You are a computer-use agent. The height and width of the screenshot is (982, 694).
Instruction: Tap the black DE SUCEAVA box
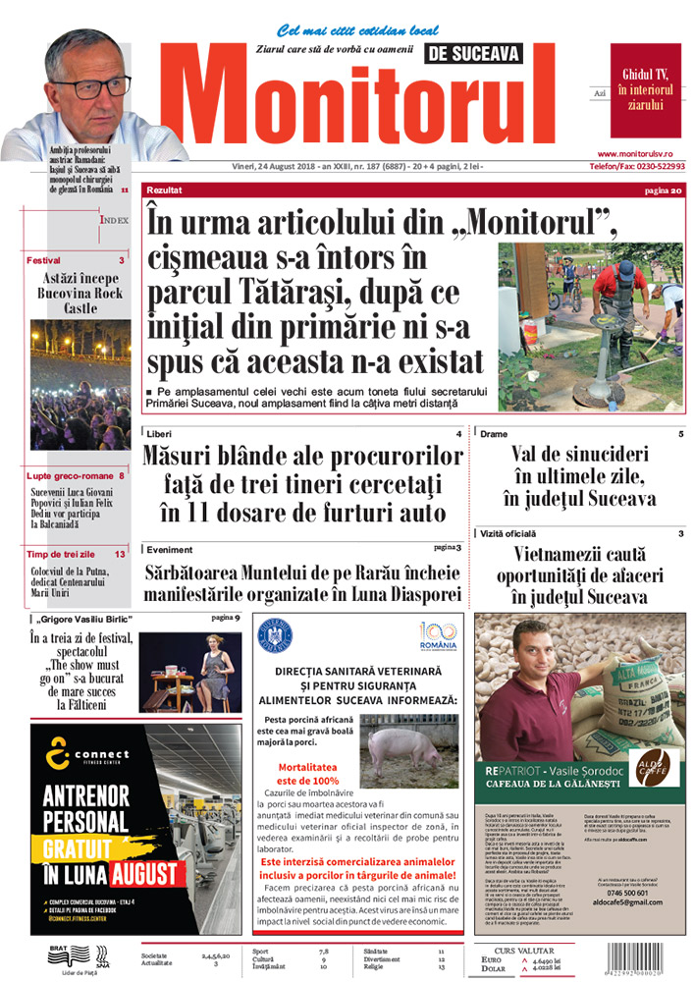click(473, 55)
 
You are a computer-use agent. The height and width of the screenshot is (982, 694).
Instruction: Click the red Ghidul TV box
click(646, 90)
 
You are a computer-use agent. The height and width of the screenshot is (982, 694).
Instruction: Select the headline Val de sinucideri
click(583, 454)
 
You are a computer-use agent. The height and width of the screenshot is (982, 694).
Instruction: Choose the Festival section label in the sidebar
click(44, 261)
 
